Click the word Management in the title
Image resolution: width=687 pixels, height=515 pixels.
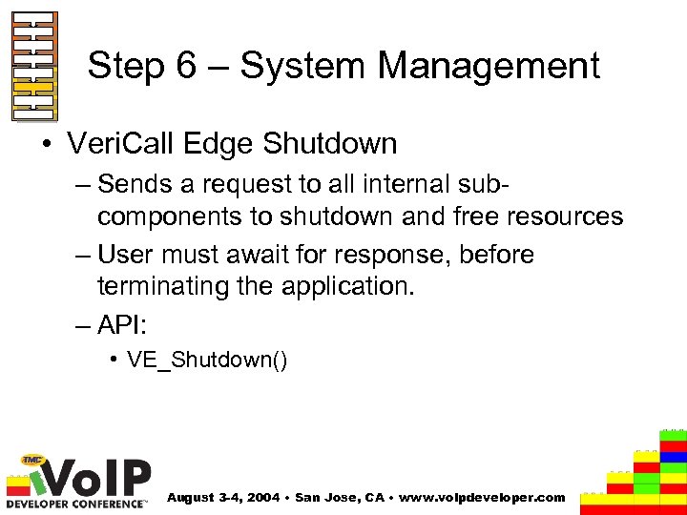pyautogui.click(x=489, y=66)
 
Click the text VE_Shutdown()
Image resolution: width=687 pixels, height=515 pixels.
pyautogui.click(x=207, y=360)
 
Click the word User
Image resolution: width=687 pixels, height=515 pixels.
pyautogui.click(x=124, y=256)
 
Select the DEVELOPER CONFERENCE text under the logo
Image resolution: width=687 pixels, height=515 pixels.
pyautogui.click(x=76, y=503)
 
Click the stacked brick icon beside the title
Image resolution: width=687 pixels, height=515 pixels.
pyautogui.click(x=33, y=66)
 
